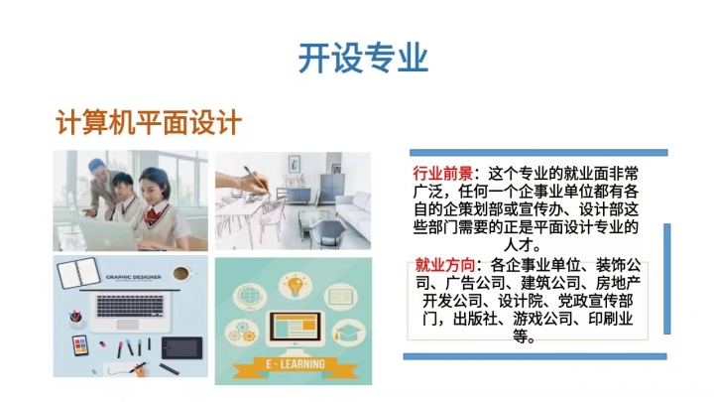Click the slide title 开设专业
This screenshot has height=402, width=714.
point(363,58)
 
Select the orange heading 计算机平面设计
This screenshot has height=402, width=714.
point(149,122)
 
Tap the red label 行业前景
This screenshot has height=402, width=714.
point(442,174)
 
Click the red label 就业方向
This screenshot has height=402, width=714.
point(445,265)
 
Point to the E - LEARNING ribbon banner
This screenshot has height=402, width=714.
point(295,365)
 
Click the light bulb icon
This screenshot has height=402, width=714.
point(296,285)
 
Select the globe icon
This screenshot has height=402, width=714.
point(250,296)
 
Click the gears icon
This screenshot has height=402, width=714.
point(242,332)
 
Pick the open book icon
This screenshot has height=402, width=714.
point(340,297)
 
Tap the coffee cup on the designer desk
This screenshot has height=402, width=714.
point(182,274)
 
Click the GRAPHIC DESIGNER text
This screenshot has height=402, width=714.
point(133,277)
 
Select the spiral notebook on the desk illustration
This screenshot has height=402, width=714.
point(78,273)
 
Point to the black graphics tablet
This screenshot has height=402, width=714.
point(182,348)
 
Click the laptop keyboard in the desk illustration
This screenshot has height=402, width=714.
point(130,306)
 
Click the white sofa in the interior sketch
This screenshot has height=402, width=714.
point(353,211)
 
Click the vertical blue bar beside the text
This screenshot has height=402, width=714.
point(667,279)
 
